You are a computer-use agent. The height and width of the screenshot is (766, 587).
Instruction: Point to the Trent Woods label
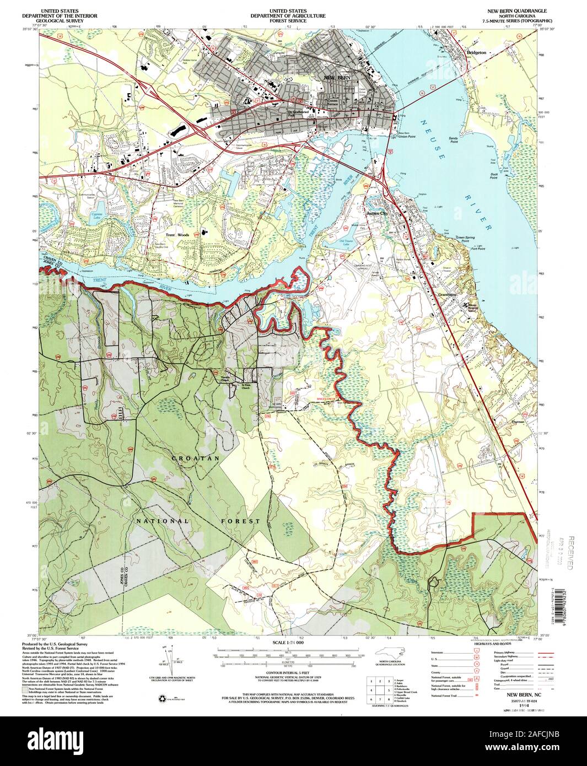coord(175,235)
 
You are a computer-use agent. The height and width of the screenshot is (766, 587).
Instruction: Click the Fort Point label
coord(477,249)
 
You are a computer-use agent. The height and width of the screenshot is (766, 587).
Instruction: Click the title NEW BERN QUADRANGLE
coord(513,11)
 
